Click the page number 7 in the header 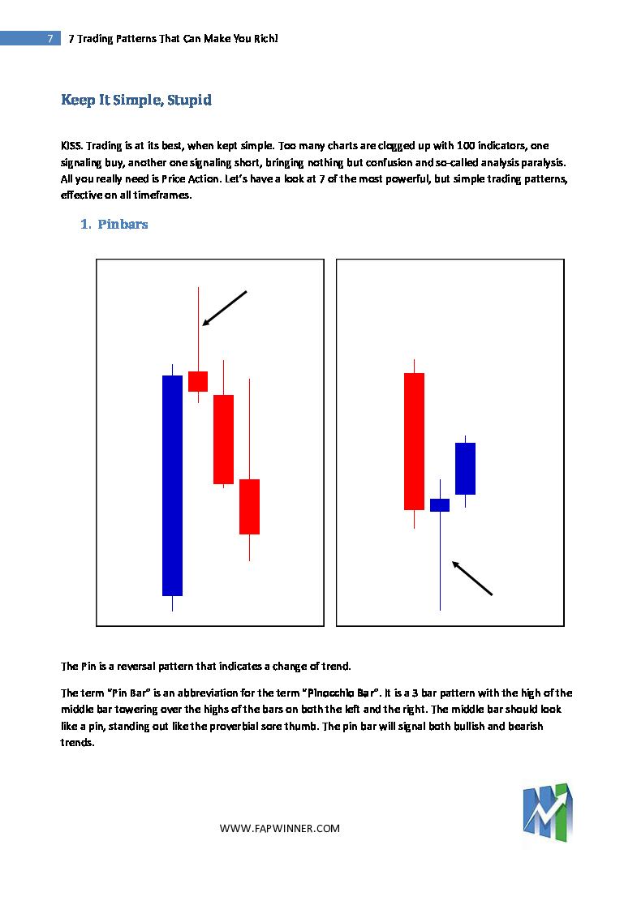click(50, 38)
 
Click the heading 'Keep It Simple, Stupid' click(136, 100)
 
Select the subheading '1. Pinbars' click(114, 225)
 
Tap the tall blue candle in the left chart click(172, 485)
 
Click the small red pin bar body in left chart click(198, 381)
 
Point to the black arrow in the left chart click(224, 308)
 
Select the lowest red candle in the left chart click(249, 506)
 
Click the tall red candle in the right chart click(414, 441)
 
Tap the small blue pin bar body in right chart click(439, 504)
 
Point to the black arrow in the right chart click(471, 578)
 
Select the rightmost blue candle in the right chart click(465, 468)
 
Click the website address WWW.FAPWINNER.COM click(280, 828)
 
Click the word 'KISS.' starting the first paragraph click(72, 146)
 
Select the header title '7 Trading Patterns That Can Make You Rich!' click(174, 38)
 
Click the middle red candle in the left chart click(223, 439)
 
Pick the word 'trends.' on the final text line click(79, 742)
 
